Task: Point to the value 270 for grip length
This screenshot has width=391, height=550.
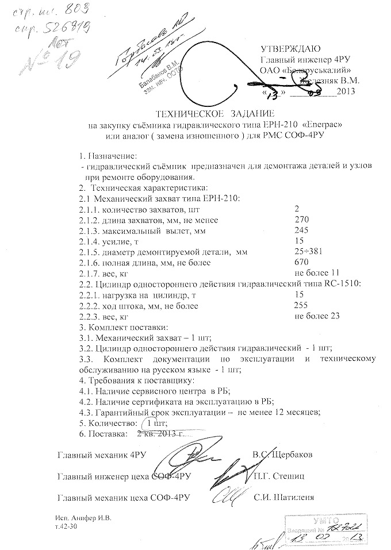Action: pos(301,220)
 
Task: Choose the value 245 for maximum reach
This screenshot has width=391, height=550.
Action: pos(301,230)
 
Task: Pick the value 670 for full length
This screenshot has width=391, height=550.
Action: pos(301,262)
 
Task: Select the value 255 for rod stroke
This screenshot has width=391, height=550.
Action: pos(301,305)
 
